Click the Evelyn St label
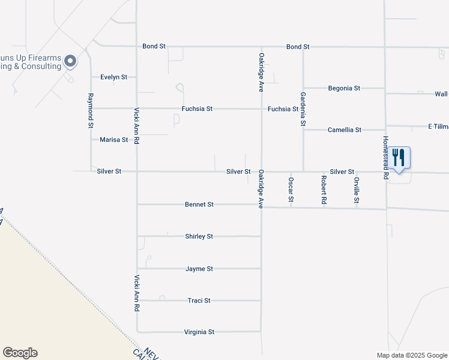click(x=113, y=77)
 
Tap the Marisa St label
click(x=113, y=140)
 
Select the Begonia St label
click(x=344, y=88)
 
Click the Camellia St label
click(x=344, y=130)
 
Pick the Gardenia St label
click(x=303, y=108)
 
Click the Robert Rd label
click(x=324, y=190)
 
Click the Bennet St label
click(x=199, y=205)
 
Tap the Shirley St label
click(x=199, y=236)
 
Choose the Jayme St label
click(x=199, y=269)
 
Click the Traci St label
click(x=199, y=301)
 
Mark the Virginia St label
click(x=199, y=332)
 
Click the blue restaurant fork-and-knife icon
click(x=399, y=158)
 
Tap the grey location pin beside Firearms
click(x=70, y=61)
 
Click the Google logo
click(x=20, y=353)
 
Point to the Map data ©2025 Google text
click(x=412, y=355)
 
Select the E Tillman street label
click(x=438, y=127)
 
